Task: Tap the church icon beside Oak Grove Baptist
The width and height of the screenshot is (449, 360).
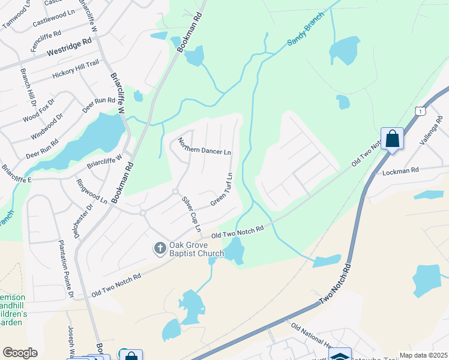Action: pyautogui.click(x=160, y=248)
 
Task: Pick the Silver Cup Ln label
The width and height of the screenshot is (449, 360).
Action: pyautogui.click(x=191, y=213)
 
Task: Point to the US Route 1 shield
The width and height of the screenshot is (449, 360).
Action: pyautogui.click(x=420, y=111)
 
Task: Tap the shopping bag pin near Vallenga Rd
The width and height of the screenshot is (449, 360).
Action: pyautogui.click(x=392, y=139)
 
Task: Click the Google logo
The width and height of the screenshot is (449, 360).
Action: pyautogui.click(x=20, y=353)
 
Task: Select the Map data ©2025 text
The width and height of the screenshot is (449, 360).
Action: pyautogui.click(x=423, y=355)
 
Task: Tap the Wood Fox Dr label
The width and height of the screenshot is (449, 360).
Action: pyautogui.click(x=42, y=109)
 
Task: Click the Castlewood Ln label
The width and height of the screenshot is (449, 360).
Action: pyautogui.click(x=53, y=20)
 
